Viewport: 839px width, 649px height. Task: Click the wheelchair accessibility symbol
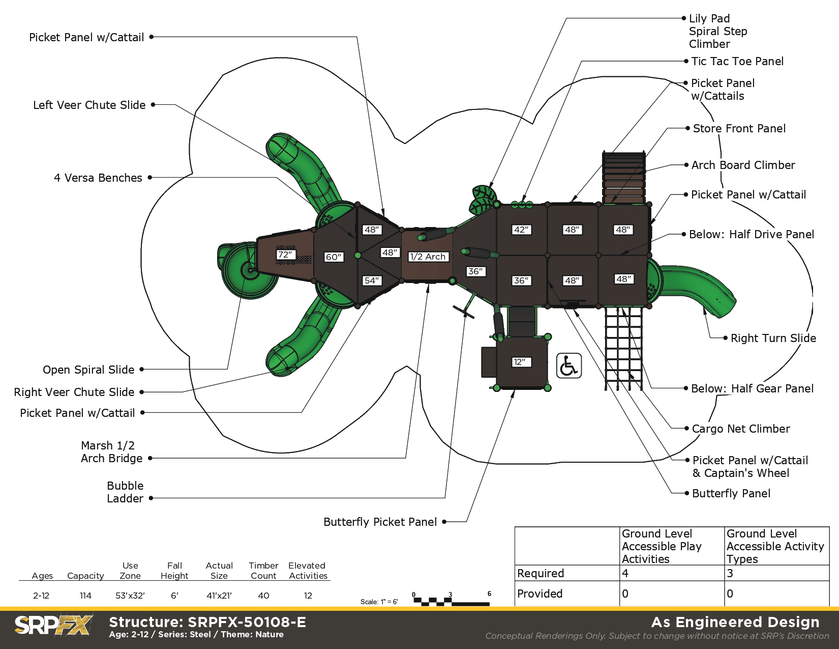pyautogui.click(x=568, y=365)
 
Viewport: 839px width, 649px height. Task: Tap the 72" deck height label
pyautogui.click(x=286, y=255)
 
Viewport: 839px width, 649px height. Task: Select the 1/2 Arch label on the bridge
pyautogui.click(x=428, y=257)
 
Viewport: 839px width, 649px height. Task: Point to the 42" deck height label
pyautogui.click(x=521, y=230)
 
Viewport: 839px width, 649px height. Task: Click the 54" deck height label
pyautogui.click(x=372, y=280)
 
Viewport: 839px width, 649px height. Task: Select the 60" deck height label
pyautogui.click(x=334, y=257)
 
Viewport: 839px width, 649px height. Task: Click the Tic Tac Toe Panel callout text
pyautogui.click(x=737, y=61)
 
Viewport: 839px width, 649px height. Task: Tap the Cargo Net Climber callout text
pyautogui.click(x=740, y=429)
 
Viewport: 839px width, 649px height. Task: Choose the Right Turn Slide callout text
pyautogui.click(x=773, y=338)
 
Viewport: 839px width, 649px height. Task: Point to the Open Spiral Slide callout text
pyautogui.click(x=88, y=370)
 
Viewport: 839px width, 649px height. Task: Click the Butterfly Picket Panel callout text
pyautogui.click(x=380, y=522)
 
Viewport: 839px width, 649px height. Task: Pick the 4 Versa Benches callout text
pyautogui.click(x=98, y=178)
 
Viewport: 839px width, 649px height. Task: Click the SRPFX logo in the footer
pyautogui.click(x=53, y=625)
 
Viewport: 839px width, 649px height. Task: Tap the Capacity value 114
pyautogui.click(x=85, y=596)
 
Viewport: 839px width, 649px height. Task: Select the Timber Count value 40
pyautogui.click(x=263, y=596)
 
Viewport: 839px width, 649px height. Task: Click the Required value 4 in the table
pyautogui.click(x=625, y=573)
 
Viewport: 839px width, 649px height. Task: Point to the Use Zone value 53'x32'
pyautogui.click(x=130, y=596)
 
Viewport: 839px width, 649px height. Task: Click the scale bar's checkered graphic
pyautogui.click(x=452, y=601)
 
